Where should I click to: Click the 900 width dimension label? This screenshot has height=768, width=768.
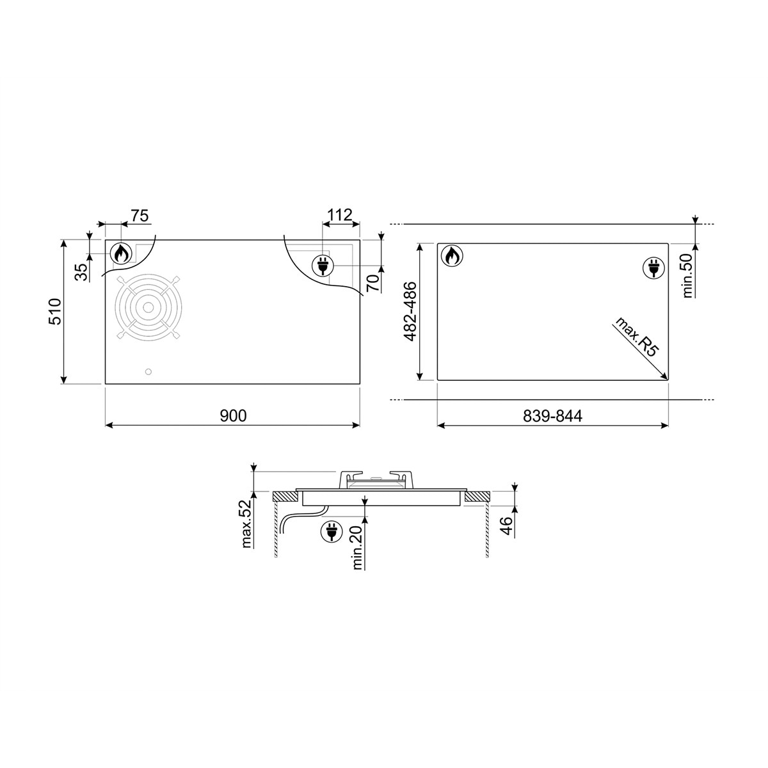[x=233, y=416]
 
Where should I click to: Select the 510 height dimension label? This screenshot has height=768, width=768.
[x=55, y=312]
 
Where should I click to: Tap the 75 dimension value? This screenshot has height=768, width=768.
[x=140, y=216]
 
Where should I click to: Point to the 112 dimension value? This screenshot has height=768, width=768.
[x=340, y=215]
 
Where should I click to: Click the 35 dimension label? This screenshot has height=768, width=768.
[x=81, y=272]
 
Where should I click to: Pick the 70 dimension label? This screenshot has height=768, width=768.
[x=372, y=282]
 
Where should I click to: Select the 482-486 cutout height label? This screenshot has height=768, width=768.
[x=410, y=311]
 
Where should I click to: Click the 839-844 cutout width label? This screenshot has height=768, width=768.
[x=552, y=416]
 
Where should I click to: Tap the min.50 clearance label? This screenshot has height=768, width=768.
[x=688, y=276]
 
